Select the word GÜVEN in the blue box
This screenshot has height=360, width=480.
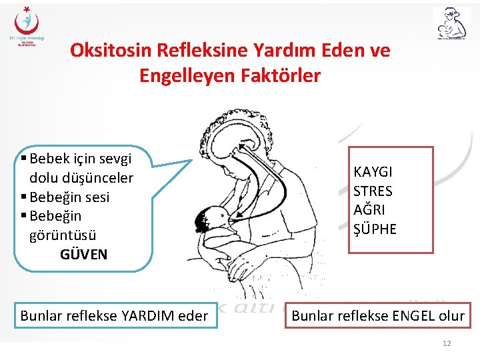83,254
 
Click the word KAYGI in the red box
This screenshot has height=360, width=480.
373,172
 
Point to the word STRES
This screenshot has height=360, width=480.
373,191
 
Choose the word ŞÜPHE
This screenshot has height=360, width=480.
375,229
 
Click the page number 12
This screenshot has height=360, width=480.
447,343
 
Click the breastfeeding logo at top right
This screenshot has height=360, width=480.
451,25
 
